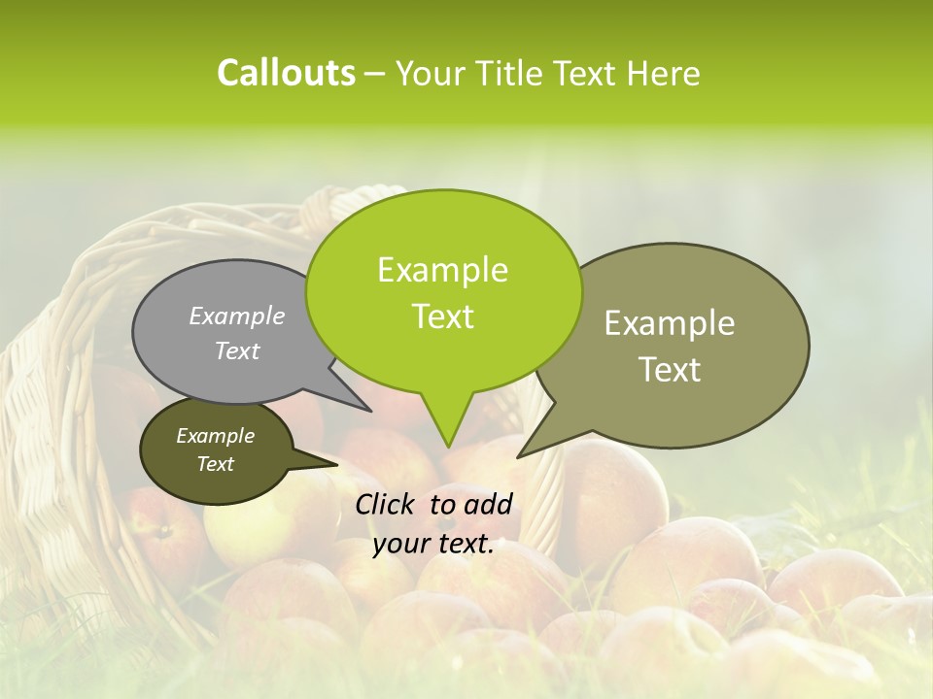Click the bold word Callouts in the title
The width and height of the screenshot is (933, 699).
pyautogui.click(x=286, y=73)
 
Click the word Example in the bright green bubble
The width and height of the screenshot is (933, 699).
pyautogui.click(x=442, y=270)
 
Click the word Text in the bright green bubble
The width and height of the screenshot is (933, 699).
pyautogui.click(x=442, y=316)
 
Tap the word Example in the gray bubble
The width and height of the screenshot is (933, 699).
pyautogui.click(x=237, y=316)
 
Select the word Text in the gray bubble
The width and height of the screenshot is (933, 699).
pyautogui.click(x=237, y=350)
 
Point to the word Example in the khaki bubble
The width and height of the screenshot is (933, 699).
pyautogui.click(x=670, y=323)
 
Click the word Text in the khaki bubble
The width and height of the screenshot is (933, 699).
pyautogui.click(x=670, y=370)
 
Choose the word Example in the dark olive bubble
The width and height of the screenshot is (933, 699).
pyautogui.click(x=215, y=436)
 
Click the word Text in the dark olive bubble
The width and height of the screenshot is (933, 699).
pyautogui.click(x=215, y=464)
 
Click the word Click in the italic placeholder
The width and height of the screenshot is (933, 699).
pyautogui.click(x=387, y=504)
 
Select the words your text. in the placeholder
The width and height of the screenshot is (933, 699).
pyautogui.click(x=433, y=545)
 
